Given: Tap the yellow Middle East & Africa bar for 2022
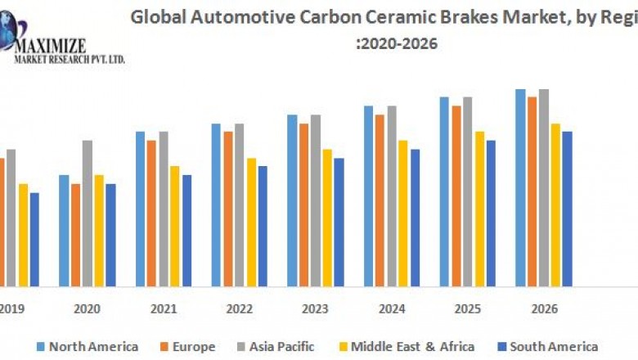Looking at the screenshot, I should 251,222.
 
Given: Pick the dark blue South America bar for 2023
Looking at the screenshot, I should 339,222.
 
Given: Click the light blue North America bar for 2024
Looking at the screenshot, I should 369,196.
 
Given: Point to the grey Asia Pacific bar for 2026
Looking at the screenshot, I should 544,187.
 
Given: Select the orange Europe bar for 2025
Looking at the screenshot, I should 456,196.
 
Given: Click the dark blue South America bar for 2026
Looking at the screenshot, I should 567,209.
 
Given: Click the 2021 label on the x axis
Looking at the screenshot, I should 163,308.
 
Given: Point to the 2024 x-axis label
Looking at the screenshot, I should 392,308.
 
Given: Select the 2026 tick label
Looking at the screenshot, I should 544,308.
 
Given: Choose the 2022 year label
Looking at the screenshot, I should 239,308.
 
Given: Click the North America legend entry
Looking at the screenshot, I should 87,346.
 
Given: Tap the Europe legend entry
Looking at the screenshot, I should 187,346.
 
